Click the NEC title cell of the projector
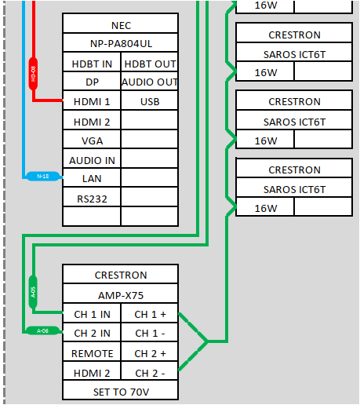(x=121, y=25)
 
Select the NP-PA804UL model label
(x=121, y=44)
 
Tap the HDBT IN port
(x=92, y=64)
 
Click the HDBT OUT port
(x=150, y=64)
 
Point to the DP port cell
(x=92, y=82)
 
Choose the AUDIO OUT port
(x=150, y=82)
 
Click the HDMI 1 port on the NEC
(x=92, y=102)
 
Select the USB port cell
(x=150, y=102)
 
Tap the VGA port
(x=92, y=140)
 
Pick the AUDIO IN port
(x=92, y=159)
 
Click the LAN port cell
(x=92, y=178)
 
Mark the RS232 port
(x=92, y=198)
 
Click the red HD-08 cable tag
(x=33, y=73)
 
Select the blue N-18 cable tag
(x=43, y=177)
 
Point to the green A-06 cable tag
(x=43, y=330)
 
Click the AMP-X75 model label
(x=121, y=295)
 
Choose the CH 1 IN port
(x=92, y=314)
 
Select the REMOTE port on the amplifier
(x=92, y=353)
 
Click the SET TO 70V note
(x=121, y=391)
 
